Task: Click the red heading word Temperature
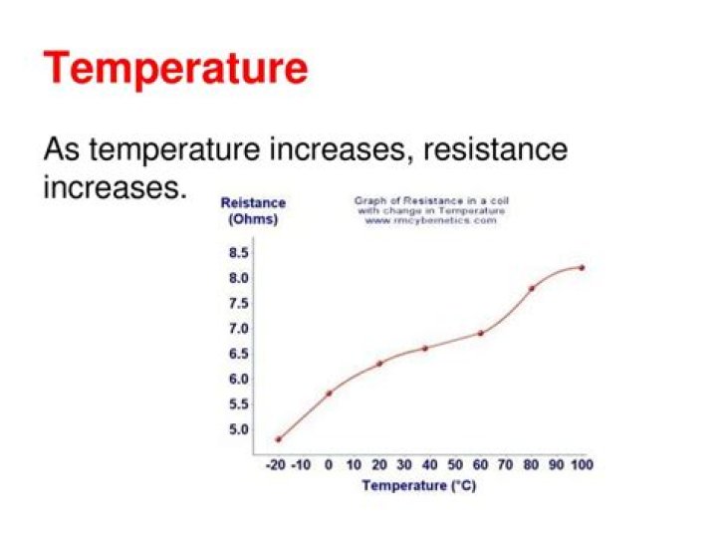click(175, 70)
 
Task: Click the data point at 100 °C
click(582, 267)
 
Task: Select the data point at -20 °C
click(279, 439)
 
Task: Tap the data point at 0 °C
click(329, 393)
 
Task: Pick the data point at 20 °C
click(379, 363)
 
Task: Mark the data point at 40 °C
click(425, 348)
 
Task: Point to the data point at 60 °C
click(481, 333)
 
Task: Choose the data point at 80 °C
click(532, 288)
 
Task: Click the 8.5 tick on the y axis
click(239, 253)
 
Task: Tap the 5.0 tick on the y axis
click(239, 430)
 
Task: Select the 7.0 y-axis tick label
click(239, 329)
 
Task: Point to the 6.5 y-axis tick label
click(239, 354)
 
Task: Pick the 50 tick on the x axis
click(455, 465)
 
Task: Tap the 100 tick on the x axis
click(582, 465)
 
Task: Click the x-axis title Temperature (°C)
click(419, 486)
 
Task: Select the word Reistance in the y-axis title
click(253, 203)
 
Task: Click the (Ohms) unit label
click(253, 219)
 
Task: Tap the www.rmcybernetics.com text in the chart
click(430, 220)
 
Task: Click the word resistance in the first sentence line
click(495, 150)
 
